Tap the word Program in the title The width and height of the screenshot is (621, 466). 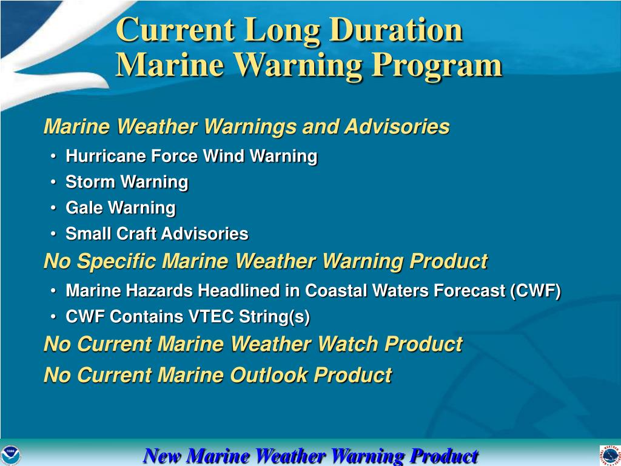[x=437, y=66]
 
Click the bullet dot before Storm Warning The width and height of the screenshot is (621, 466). [x=53, y=182]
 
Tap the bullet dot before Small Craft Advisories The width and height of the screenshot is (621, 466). [x=53, y=234]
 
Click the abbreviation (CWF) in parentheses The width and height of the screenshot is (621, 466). [x=536, y=291]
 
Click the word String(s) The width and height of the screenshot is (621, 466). [x=274, y=317]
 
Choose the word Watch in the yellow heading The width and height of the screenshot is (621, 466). [x=347, y=344]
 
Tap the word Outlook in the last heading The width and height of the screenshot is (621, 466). [x=269, y=375]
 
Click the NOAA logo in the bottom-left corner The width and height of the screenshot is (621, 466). [x=11, y=455]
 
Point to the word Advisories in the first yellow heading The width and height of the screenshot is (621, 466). [x=397, y=127]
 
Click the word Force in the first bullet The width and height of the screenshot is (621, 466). [x=175, y=156]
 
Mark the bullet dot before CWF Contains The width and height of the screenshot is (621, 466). [x=53, y=317]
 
